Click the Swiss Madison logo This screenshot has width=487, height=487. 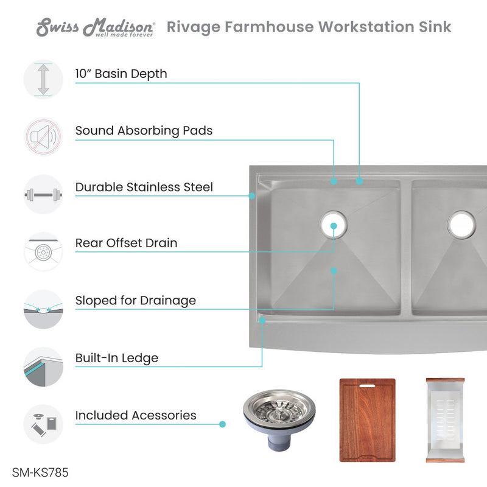click(x=96, y=27)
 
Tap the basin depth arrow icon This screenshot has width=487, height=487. click(x=43, y=79)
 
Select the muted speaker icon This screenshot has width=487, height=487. click(x=43, y=137)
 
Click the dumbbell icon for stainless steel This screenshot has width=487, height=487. click(x=43, y=195)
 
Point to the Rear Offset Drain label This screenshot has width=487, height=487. click(x=126, y=243)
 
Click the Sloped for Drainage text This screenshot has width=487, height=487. click(x=135, y=300)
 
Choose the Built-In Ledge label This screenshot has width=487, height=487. click(x=116, y=358)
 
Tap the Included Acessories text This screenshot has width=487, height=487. click(x=136, y=415)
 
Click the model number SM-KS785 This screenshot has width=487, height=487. click(x=36, y=472)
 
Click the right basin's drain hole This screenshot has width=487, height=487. click(x=461, y=225)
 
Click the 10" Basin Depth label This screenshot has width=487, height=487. click(x=121, y=74)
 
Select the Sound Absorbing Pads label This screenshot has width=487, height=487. click(x=144, y=130)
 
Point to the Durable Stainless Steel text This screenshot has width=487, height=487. click(x=144, y=187)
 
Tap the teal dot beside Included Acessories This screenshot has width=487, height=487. click(x=222, y=424)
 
